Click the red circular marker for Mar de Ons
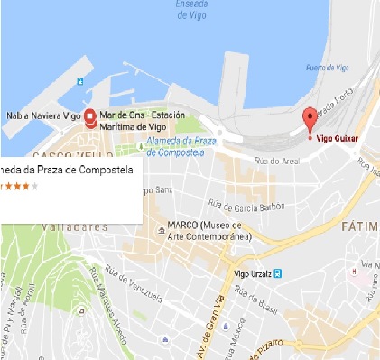(90, 118)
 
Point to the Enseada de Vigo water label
(196, 10)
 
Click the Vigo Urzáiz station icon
(279, 272)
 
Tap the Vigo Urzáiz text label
(249, 272)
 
